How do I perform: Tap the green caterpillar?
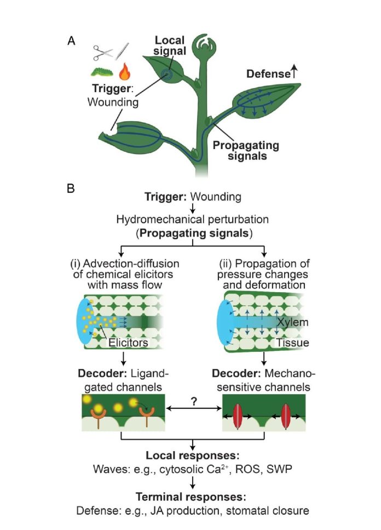[102, 71]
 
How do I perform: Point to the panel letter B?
[71, 188]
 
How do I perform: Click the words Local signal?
[170, 47]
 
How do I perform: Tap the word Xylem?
[293, 322]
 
